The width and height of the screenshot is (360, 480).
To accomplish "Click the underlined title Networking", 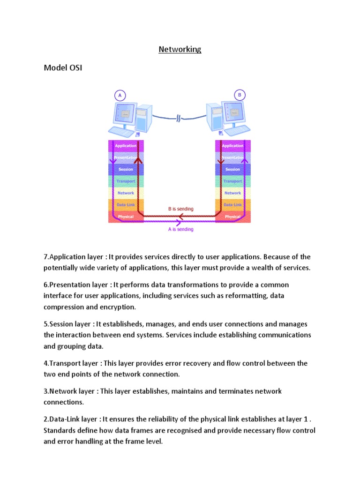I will (180, 49).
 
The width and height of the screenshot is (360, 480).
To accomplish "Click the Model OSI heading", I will (63, 68).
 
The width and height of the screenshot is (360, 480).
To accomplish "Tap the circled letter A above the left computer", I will (120, 95).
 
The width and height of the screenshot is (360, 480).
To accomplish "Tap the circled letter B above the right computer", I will (240, 95).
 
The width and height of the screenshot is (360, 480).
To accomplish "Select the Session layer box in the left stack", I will (126, 169).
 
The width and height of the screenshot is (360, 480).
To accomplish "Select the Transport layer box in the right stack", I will (232, 181).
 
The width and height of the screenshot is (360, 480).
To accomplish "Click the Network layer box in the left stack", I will (126, 193).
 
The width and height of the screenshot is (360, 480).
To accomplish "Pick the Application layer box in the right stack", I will (232, 146).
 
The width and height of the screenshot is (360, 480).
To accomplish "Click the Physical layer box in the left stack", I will (126, 217).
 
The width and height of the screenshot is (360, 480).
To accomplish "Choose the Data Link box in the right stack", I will (232, 205).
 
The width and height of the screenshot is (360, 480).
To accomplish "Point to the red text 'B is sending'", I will (180, 209).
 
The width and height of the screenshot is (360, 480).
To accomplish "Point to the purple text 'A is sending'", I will (180, 229).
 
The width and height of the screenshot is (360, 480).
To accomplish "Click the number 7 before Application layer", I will (45, 257).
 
